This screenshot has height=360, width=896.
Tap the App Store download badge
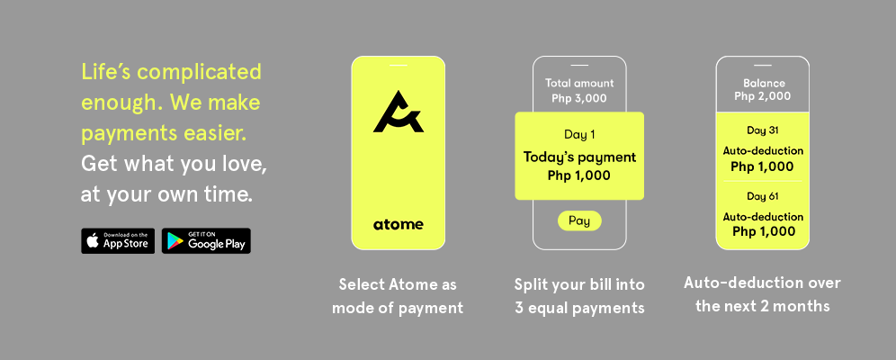pyautogui.click(x=118, y=241)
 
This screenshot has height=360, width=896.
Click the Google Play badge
pyautogui.click(x=206, y=241)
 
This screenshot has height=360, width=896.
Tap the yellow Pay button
pyautogui.click(x=579, y=220)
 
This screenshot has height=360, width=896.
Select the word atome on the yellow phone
pyautogui.click(x=399, y=224)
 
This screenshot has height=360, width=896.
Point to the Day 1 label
pyautogui.click(x=579, y=135)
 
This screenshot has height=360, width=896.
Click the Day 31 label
pyautogui.click(x=762, y=130)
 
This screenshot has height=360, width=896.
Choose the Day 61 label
pyautogui.click(x=762, y=196)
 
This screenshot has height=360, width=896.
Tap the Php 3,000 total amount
pyautogui.click(x=579, y=98)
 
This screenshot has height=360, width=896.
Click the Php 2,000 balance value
pyautogui.click(x=762, y=96)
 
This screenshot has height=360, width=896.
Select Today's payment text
pyautogui.click(x=579, y=157)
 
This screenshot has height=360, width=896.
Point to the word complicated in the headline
pyautogui.click(x=200, y=73)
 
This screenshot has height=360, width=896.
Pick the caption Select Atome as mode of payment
pyautogui.click(x=398, y=296)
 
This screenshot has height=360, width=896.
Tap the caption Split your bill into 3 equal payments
pyautogui.click(x=579, y=296)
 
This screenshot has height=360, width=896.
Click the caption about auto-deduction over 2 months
pyautogui.click(x=762, y=294)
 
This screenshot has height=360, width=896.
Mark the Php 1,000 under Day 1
pyautogui.click(x=579, y=176)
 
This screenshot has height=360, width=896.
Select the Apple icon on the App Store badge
pyautogui.click(x=93, y=241)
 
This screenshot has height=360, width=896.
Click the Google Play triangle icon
pyautogui.click(x=175, y=242)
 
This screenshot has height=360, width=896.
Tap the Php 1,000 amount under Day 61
pyautogui.click(x=764, y=231)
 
